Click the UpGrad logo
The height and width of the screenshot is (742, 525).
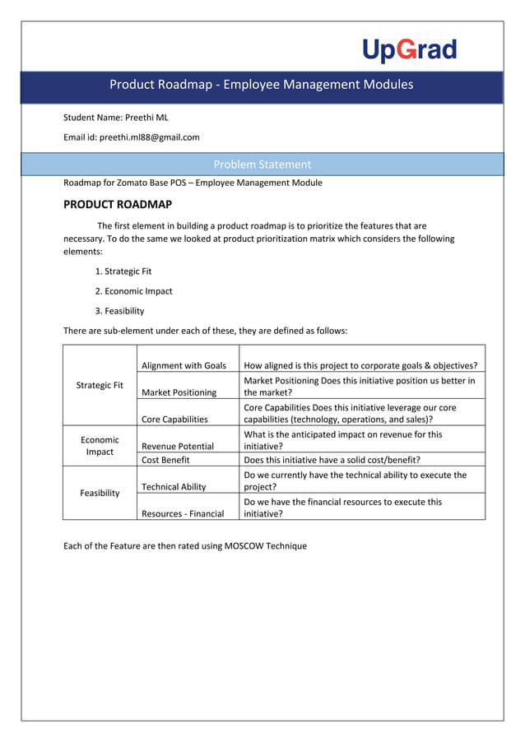click(x=409, y=50)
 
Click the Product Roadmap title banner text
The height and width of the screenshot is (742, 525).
click(x=262, y=85)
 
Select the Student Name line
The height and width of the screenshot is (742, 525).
click(x=116, y=118)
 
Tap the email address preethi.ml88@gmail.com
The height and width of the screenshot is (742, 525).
click(x=149, y=137)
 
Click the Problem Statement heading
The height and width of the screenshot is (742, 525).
click(x=262, y=165)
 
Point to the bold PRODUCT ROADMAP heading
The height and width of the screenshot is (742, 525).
click(x=118, y=204)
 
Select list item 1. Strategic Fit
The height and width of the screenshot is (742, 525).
click(x=123, y=271)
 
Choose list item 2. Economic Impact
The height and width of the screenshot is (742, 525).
click(x=133, y=290)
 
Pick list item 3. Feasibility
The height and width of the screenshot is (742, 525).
click(x=119, y=311)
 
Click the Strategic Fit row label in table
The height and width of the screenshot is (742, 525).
click(x=100, y=385)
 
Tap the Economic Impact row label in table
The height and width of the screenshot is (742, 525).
click(x=100, y=446)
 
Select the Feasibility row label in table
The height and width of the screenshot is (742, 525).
click(x=100, y=493)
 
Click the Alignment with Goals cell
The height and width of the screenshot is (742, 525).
click(x=184, y=365)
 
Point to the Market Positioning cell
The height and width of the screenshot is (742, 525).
click(x=179, y=392)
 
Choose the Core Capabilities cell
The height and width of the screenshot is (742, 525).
click(x=174, y=419)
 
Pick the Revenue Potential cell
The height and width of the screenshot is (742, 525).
click(x=178, y=446)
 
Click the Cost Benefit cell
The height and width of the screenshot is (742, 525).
click(x=165, y=460)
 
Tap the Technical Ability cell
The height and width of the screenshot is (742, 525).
click(x=174, y=487)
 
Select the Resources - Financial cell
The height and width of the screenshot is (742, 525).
click(x=183, y=513)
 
